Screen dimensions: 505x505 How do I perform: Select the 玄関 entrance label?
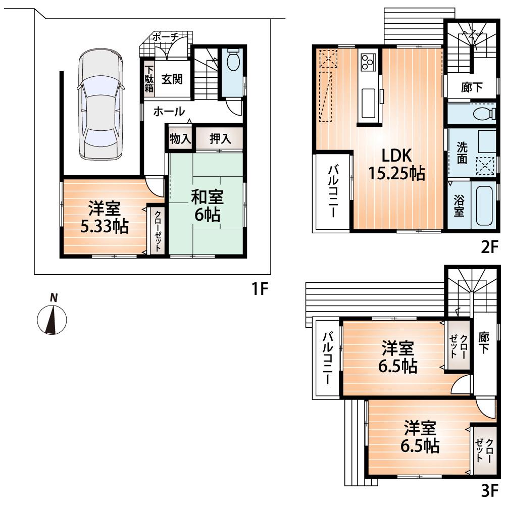pos(172,79)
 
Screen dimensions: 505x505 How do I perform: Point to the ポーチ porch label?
pos(165,37)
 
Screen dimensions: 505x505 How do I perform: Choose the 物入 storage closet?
pos(180,139)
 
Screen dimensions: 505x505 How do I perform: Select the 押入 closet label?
pos(220,139)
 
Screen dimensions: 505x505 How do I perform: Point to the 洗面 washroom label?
pos(462,153)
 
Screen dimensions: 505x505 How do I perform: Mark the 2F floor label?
pos(489,248)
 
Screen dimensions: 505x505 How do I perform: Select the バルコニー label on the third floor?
pos(328,359)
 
